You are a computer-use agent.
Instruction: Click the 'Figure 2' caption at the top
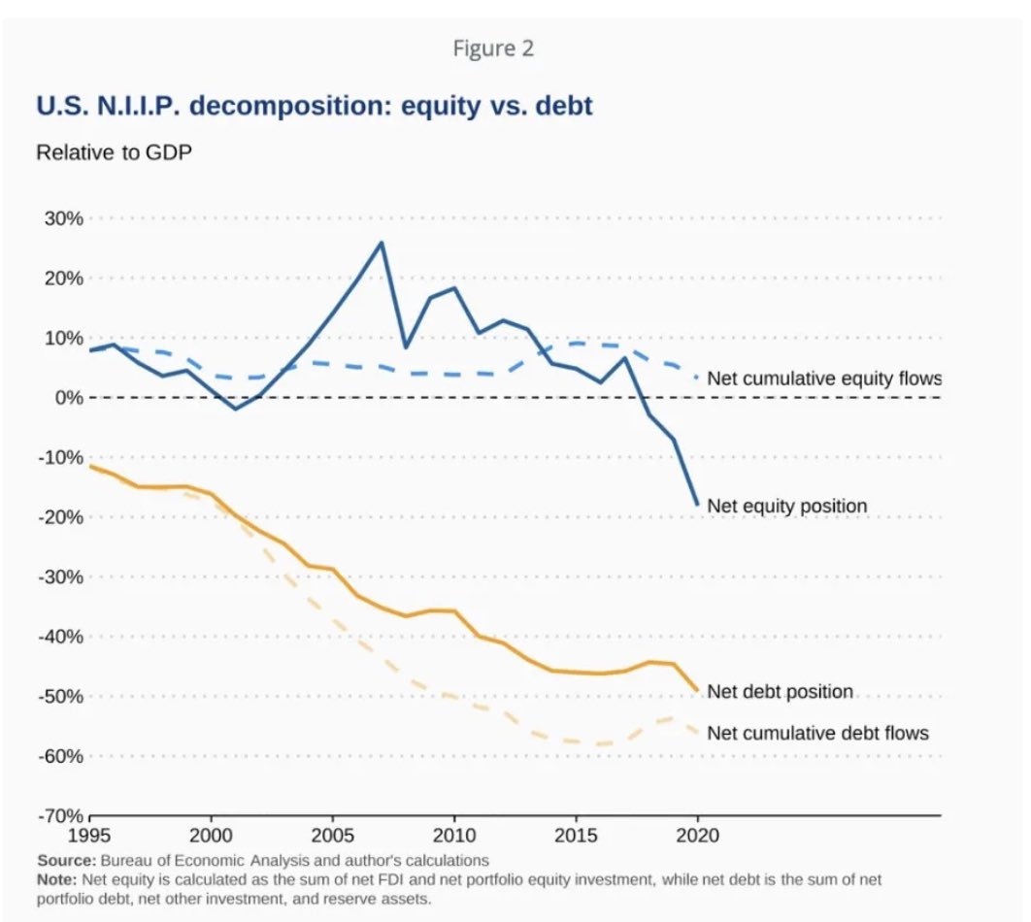point(493,49)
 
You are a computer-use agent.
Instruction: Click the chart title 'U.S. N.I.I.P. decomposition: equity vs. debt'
point(314,105)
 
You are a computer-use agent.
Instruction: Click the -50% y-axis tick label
point(59,696)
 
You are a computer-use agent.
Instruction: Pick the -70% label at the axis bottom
point(59,815)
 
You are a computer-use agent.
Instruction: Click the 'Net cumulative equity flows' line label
point(824,379)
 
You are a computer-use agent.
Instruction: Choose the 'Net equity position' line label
point(786,506)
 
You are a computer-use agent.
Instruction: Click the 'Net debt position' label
point(780,691)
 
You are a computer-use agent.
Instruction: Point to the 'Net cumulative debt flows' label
point(817,733)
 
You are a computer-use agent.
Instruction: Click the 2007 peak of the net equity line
point(382,242)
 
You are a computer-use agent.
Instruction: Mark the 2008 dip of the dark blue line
point(406,347)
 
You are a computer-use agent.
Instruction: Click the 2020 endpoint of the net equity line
point(697,505)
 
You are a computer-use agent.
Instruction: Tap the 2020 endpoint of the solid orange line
point(697,691)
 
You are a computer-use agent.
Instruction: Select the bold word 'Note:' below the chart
point(58,878)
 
